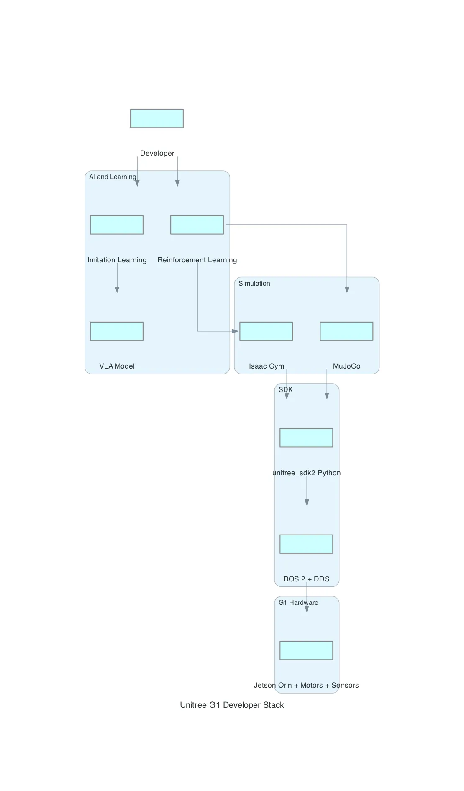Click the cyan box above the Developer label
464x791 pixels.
click(156, 118)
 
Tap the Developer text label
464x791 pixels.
click(157, 153)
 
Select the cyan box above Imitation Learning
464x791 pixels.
click(116, 225)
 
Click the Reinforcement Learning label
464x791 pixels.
click(197, 260)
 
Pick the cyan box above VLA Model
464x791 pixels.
click(116, 331)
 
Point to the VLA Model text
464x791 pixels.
click(117, 366)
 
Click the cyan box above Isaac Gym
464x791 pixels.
click(266, 331)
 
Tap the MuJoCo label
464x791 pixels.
click(346, 366)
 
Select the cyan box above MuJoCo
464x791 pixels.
click(346, 331)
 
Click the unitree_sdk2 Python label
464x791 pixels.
click(306, 473)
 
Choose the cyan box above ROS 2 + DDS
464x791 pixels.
click(306, 544)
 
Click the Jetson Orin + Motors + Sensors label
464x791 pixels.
click(306, 685)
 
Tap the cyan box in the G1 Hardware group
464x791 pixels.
click(306, 650)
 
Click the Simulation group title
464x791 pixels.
click(254, 283)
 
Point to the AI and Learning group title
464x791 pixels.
click(112, 177)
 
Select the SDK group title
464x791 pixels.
click(285, 389)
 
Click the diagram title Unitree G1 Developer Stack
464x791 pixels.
click(232, 705)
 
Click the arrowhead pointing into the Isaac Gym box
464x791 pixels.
click(235, 331)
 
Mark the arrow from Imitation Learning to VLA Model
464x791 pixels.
click(117, 278)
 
